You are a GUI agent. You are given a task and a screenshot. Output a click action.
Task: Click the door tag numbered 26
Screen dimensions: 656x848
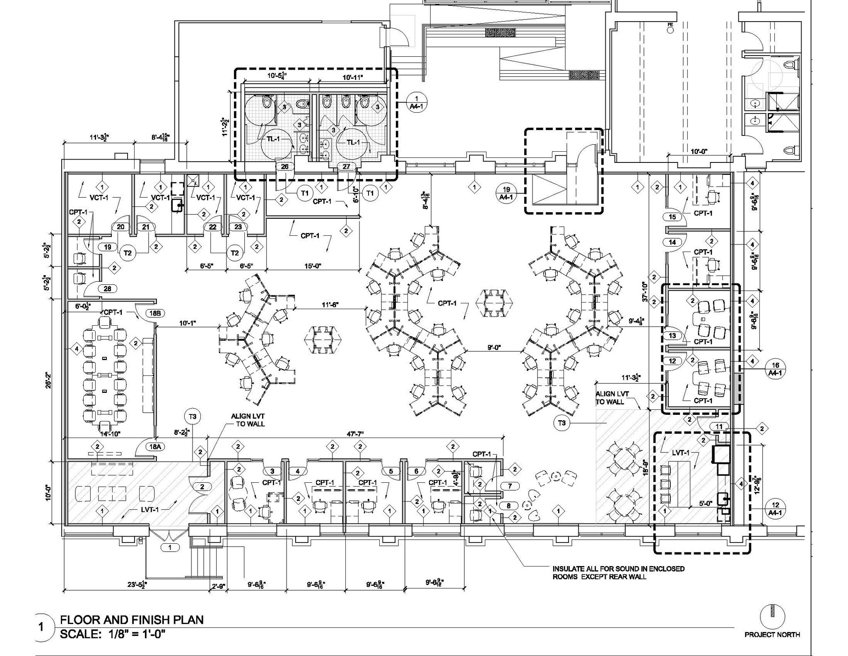tap(285, 167)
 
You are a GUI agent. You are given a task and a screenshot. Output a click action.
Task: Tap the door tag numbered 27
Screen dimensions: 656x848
tap(346, 167)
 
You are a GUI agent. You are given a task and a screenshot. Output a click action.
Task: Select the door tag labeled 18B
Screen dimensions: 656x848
tap(155, 313)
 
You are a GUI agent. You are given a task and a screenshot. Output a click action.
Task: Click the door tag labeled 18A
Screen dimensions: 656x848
tap(155, 446)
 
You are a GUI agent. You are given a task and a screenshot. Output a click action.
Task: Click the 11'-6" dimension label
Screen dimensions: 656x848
tap(330, 305)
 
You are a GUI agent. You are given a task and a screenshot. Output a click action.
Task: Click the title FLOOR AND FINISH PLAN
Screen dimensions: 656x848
tap(132, 620)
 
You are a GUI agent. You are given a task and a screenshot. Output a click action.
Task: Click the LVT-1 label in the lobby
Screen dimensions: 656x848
tap(148, 509)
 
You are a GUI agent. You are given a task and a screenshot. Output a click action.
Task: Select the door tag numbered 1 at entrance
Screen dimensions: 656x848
tap(170, 547)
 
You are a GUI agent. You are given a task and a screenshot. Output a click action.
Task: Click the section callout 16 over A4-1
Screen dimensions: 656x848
tap(776, 368)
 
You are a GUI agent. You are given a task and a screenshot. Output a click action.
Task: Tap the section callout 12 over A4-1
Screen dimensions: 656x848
tap(776, 508)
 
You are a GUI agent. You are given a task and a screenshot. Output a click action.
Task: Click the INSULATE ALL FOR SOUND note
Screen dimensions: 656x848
tap(618, 572)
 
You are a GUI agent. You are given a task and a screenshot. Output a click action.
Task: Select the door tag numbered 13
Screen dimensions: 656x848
tap(672, 335)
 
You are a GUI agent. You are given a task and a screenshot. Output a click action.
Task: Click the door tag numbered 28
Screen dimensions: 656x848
tap(108, 289)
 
